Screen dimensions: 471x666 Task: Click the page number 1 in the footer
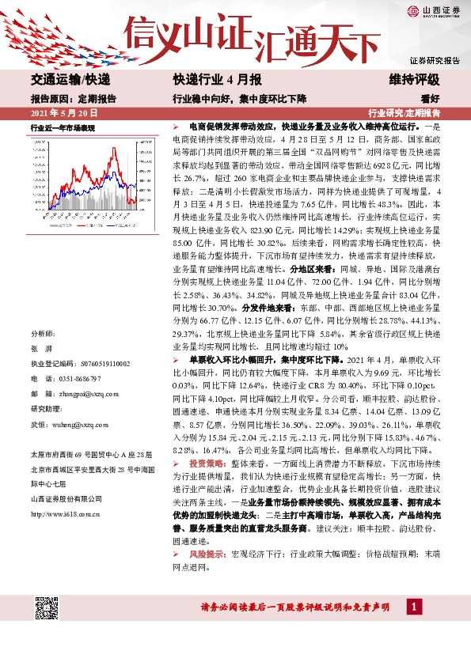pos(414,607)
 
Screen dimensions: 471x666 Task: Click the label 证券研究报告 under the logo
pos(435,60)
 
